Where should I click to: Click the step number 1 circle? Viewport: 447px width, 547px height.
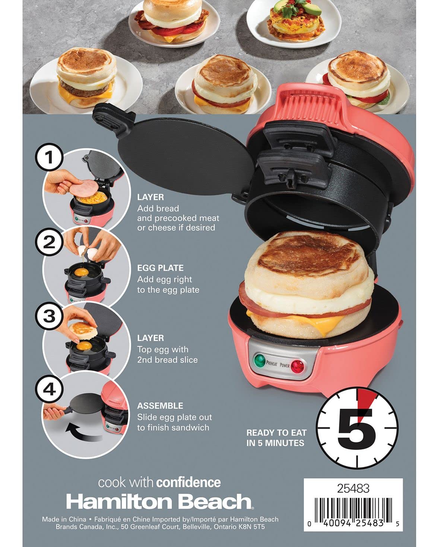pyautogui.click(x=49, y=157)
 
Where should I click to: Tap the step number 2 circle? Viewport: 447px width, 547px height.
pyautogui.click(x=49, y=242)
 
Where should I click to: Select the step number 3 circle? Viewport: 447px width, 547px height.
pyautogui.click(x=49, y=316)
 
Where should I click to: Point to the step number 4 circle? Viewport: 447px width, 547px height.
pyautogui.click(x=49, y=389)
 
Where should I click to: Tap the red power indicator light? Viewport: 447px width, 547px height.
pyautogui.click(x=297, y=366)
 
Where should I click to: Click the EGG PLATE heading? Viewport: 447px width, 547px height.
pyautogui.click(x=161, y=268)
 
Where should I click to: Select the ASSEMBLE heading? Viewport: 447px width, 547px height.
pyautogui.click(x=160, y=406)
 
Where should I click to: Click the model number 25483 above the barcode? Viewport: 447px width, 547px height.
pyautogui.click(x=353, y=488)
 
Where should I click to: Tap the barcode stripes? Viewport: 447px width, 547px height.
pyautogui.click(x=353, y=510)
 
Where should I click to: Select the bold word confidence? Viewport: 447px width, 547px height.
pyautogui.click(x=188, y=482)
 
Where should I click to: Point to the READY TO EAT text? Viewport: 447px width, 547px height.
pyautogui.click(x=276, y=433)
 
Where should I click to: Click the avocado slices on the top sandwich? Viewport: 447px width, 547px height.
pyautogui.click(x=298, y=8)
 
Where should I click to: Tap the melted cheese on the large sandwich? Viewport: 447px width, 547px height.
pyautogui.click(x=324, y=322)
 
